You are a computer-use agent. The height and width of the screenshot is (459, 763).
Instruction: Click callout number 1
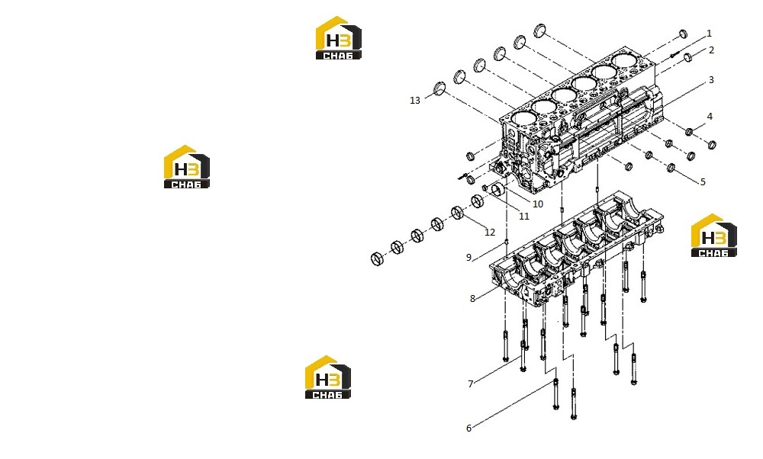click(709, 34)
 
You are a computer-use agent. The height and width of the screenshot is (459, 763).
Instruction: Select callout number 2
click(711, 50)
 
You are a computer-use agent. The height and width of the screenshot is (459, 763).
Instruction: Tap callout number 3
click(711, 80)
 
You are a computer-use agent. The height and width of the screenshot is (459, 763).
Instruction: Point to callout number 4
click(710, 116)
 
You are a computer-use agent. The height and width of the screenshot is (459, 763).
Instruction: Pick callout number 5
click(703, 182)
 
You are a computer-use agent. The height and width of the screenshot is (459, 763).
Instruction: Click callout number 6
click(469, 428)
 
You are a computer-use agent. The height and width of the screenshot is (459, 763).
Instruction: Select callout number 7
click(471, 384)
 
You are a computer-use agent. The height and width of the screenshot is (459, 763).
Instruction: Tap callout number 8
click(472, 299)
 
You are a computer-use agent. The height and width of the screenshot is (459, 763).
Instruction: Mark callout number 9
click(469, 257)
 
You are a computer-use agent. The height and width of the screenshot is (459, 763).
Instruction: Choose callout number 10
click(538, 204)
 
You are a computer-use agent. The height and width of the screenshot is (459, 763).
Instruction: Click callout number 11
click(524, 217)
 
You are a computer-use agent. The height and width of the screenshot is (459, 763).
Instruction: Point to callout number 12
click(490, 233)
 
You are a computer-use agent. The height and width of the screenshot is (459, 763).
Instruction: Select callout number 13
click(415, 101)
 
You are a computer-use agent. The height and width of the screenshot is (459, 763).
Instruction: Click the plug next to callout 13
click(439, 89)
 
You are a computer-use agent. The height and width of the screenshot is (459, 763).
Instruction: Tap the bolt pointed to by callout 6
click(556, 393)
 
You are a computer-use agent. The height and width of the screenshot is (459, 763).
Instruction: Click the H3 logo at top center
click(339, 38)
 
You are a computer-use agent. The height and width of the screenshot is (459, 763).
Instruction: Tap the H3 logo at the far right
click(714, 236)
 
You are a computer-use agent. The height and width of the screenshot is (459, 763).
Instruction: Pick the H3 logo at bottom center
click(328, 377)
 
